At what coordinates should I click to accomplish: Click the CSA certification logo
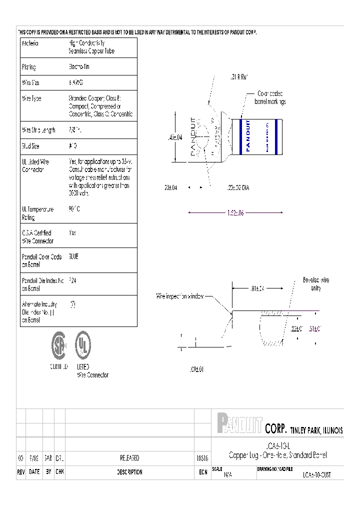(x=58, y=345)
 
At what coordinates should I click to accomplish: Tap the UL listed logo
(x=82, y=344)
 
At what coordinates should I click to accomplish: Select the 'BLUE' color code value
(x=73, y=256)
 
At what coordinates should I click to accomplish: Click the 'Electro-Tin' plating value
(x=79, y=66)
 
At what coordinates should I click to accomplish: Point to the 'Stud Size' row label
(x=30, y=146)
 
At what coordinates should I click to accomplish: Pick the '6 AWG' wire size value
(x=75, y=82)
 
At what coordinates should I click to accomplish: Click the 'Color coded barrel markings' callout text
(x=270, y=97)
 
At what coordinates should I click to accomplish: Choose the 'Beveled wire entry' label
(x=315, y=284)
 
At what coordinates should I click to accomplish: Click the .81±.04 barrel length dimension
(x=256, y=288)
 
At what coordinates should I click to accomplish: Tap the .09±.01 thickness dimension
(x=197, y=369)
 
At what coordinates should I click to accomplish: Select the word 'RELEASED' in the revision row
(x=129, y=458)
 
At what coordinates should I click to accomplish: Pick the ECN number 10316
(x=202, y=458)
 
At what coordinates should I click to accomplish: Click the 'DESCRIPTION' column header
(x=129, y=472)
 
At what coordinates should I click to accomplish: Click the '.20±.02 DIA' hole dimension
(x=235, y=187)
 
